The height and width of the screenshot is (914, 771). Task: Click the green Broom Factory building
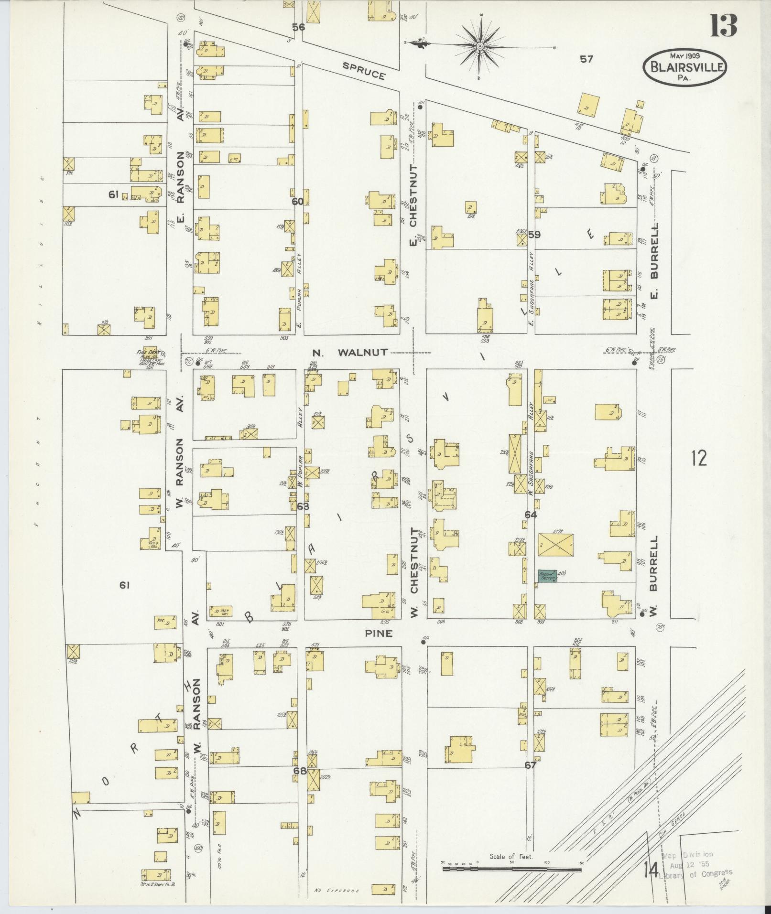click(x=548, y=576)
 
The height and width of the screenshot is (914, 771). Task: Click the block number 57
click(x=586, y=59)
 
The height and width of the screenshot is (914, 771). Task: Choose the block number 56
click(x=298, y=27)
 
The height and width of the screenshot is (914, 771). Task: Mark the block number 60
click(x=297, y=202)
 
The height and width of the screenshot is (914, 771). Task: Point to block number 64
click(x=531, y=515)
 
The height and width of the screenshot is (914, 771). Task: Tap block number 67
click(x=531, y=765)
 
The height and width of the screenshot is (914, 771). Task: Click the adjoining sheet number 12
click(x=698, y=459)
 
